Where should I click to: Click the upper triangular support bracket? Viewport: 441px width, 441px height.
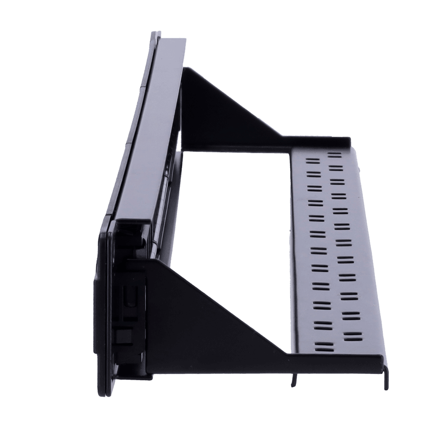220,110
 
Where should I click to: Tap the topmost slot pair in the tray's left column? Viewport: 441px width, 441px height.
311,161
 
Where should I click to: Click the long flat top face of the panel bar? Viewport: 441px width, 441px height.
146,128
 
